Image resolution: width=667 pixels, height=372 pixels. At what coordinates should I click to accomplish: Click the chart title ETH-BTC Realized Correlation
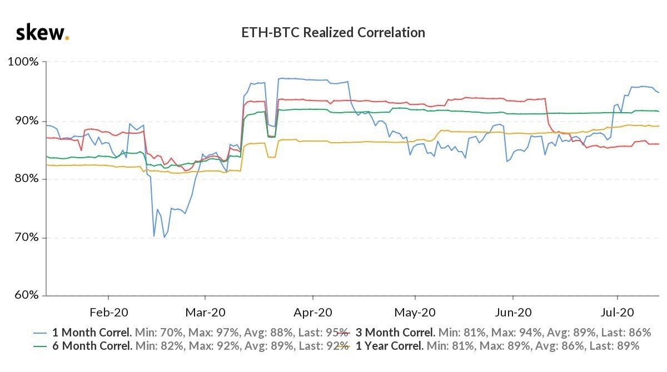click(x=333, y=33)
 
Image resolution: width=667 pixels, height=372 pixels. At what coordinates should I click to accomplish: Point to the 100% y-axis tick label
click(x=23, y=61)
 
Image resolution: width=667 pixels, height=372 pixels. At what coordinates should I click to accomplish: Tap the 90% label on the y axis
click(x=25, y=120)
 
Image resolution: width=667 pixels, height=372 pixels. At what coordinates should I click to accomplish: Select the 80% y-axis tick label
click(x=25, y=179)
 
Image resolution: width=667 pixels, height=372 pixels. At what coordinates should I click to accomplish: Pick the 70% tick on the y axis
click(x=25, y=238)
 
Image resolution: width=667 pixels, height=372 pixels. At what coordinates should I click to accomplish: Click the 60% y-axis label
click(x=25, y=295)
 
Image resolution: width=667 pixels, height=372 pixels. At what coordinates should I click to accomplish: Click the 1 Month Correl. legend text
click(x=92, y=333)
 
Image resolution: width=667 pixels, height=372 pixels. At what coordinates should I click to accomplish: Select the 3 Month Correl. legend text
click(x=395, y=333)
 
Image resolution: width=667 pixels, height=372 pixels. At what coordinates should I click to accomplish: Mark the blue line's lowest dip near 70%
click(x=164, y=237)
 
